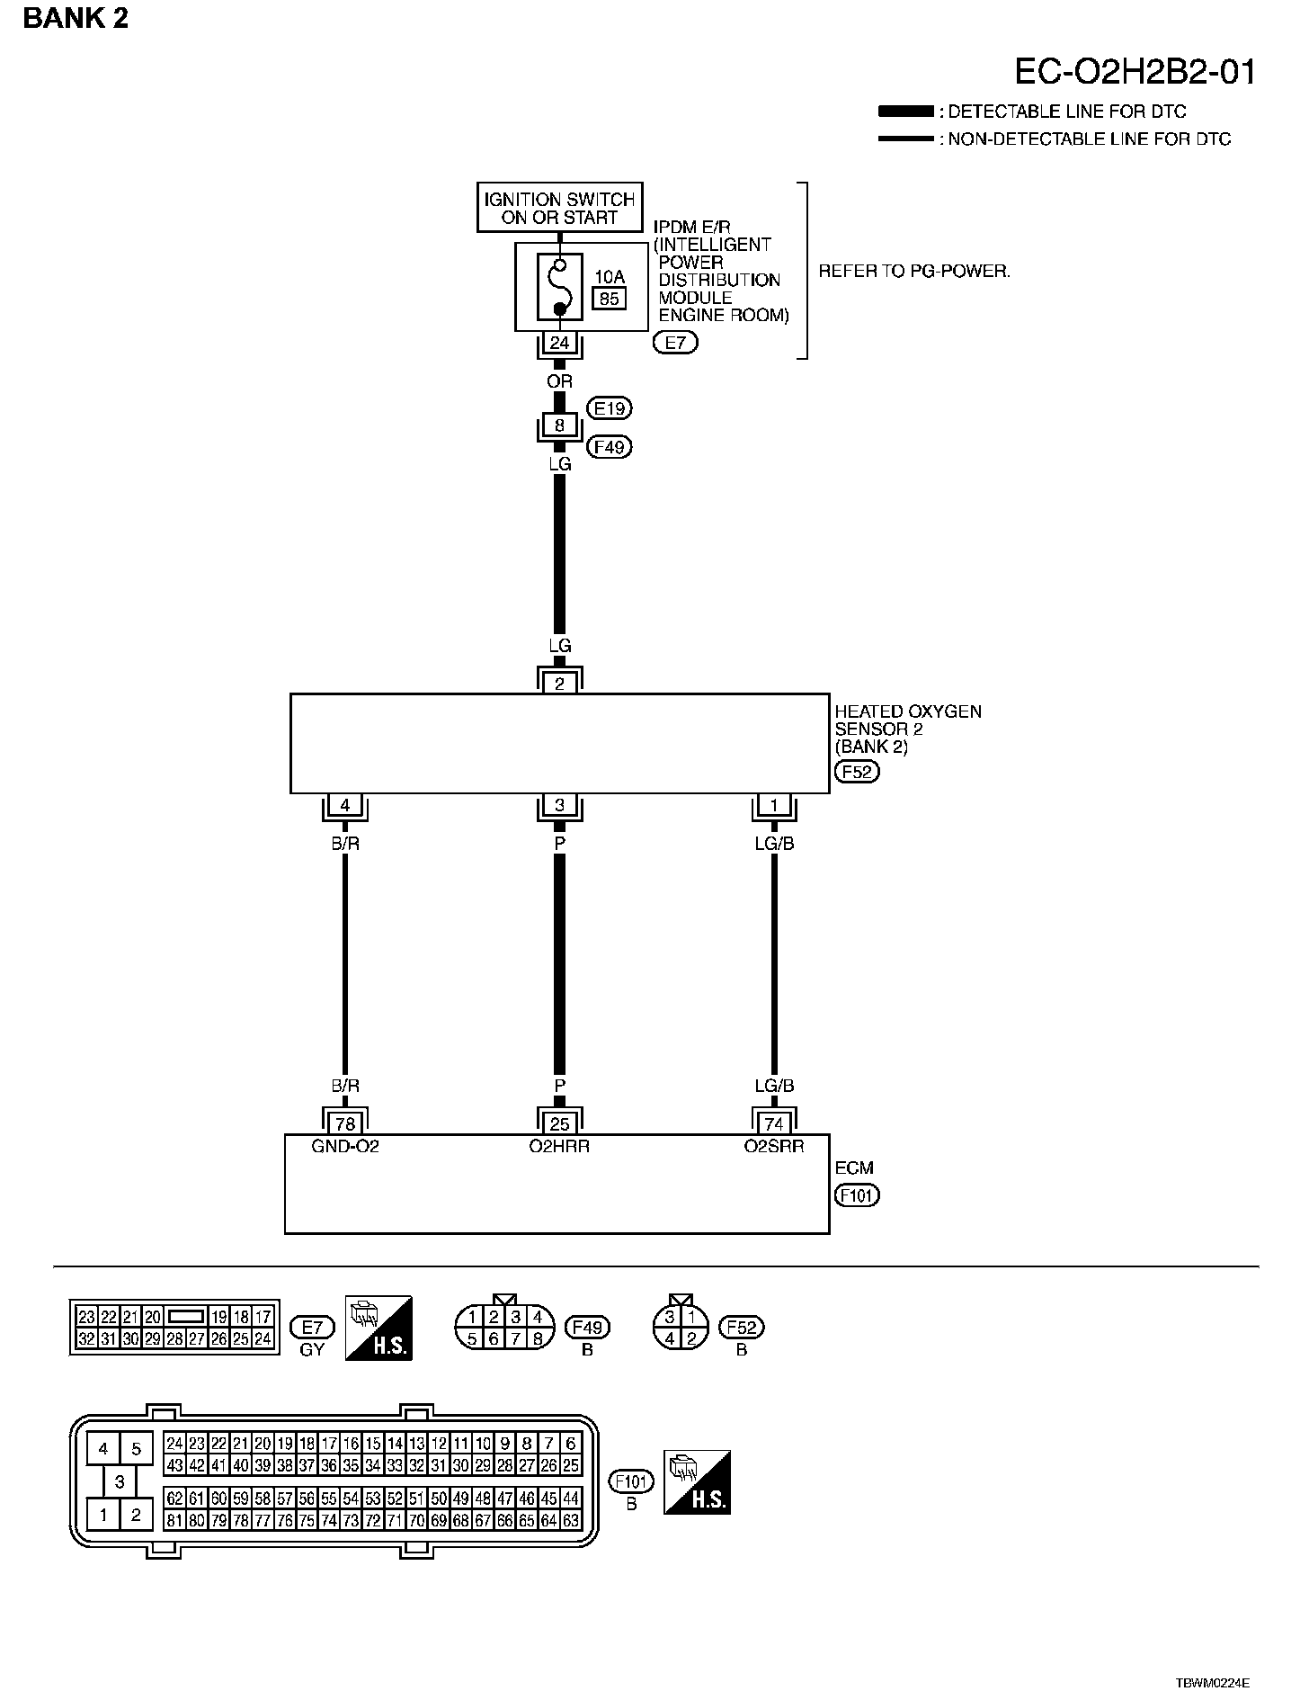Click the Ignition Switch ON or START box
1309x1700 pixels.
pyautogui.click(x=559, y=209)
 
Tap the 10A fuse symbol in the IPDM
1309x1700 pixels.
pyautogui.click(x=559, y=286)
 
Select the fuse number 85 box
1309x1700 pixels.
pyautogui.click(x=610, y=299)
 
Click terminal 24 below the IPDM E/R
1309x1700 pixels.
pyautogui.click(x=559, y=343)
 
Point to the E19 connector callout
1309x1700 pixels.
pyautogui.click(x=610, y=408)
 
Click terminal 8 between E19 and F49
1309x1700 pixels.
pyautogui.click(x=559, y=425)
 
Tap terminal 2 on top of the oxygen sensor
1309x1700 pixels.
pyautogui.click(x=559, y=684)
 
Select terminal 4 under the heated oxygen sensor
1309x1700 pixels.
pyautogui.click(x=345, y=805)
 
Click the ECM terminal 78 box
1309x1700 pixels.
pyautogui.click(x=345, y=1123)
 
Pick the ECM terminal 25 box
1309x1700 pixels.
pyautogui.click(x=559, y=1123)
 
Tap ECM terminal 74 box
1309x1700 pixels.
pyautogui.click(x=774, y=1123)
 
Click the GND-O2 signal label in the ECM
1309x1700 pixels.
pyautogui.click(x=345, y=1147)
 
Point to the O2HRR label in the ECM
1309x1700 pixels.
pyautogui.click(x=559, y=1147)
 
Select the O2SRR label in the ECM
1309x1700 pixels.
pyautogui.click(x=774, y=1147)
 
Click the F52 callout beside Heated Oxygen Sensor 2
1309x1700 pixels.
pyautogui.click(x=857, y=772)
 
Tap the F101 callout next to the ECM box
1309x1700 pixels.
pyautogui.click(x=857, y=1195)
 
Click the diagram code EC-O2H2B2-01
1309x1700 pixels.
pyautogui.click(x=1135, y=72)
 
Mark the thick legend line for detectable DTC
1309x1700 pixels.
pyautogui.click(x=906, y=112)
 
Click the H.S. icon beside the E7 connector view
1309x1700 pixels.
pyautogui.click(x=378, y=1327)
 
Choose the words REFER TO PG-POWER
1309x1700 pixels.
pyautogui.click(x=914, y=271)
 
